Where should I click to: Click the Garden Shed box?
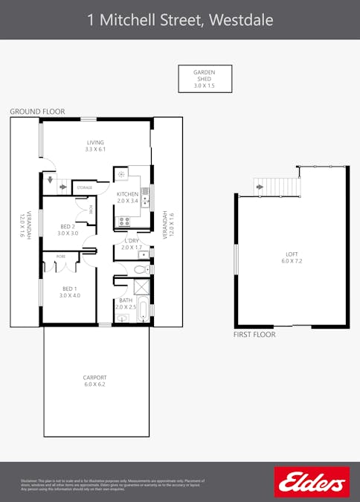pos(205,79)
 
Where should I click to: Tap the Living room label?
pos(95,142)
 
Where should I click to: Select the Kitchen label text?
pos(127,194)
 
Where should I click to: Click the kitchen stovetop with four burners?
pos(123,221)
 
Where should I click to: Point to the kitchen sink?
pos(146,197)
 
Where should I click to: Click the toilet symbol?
pos(141,268)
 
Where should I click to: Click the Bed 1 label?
pos(69,289)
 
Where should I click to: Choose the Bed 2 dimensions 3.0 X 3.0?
pos(68,234)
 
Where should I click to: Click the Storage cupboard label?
pos(85,188)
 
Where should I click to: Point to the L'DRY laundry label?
pos(132,241)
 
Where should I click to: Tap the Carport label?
pos(94,378)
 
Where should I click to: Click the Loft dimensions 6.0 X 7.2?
pos(292,262)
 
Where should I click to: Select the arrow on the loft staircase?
pos(260,187)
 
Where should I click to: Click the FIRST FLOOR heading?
pos(254,335)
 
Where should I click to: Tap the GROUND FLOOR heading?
pos(37,112)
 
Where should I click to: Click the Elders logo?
pos(312,482)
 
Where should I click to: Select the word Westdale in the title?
pos(241,19)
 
